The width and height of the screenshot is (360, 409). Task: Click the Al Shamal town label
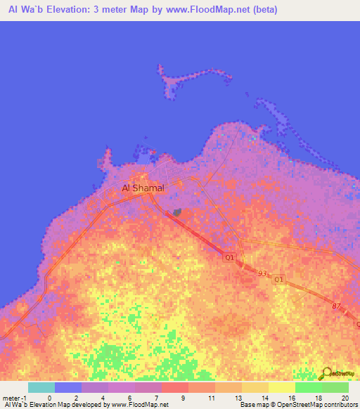pyautogui.click(x=143, y=188)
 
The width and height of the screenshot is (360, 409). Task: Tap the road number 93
pyautogui.click(x=262, y=273)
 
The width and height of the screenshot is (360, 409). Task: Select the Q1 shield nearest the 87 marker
pyautogui.click(x=278, y=280)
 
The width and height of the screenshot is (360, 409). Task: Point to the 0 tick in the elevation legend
pyautogui.click(x=49, y=398)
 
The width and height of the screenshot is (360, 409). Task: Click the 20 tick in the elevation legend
pyautogui.click(x=345, y=398)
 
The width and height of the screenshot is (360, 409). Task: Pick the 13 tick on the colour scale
pyautogui.click(x=238, y=398)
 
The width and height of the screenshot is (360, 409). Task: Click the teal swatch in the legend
pyautogui.click(x=41, y=387)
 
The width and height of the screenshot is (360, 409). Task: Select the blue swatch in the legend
pyautogui.click(x=67, y=387)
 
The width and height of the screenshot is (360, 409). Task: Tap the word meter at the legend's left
pyautogui.click(x=11, y=398)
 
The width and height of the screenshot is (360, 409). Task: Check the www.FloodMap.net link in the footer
pyautogui.click(x=136, y=405)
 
